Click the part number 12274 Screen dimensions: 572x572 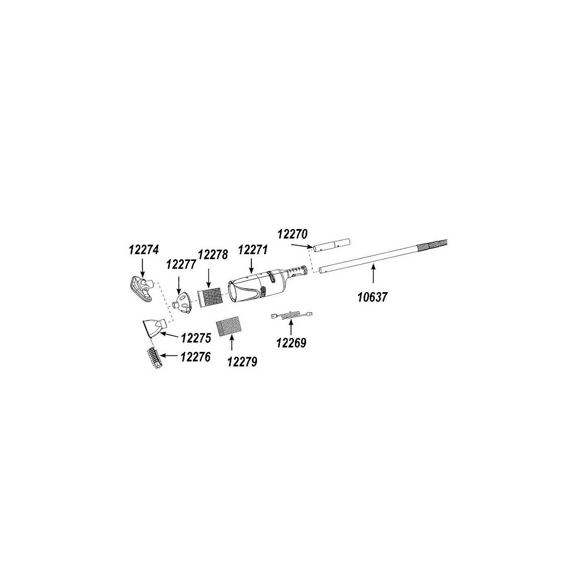pyautogui.click(x=144, y=250)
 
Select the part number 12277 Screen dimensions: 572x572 pyautogui.click(x=182, y=264)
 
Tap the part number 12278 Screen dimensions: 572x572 pyautogui.click(x=213, y=254)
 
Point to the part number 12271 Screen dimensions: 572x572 pyautogui.click(x=253, y=250)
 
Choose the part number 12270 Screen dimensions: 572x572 pyautogui.click(x=293, y=234)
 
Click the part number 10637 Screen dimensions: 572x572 pyautogui.click(x=373, y=297)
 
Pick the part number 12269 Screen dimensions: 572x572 pyautogui.click(x=291, y=343)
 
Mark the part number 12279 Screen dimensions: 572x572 pyautogui.click(x=242, y=362)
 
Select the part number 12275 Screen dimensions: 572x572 pyautogui.click(x=196, y=338)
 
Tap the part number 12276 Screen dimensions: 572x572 pyautogui.click(x=196, y=357)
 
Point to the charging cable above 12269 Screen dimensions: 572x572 pyautogui.click(x=292, y=315)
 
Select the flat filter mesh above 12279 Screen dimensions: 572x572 pyautogui.click(x=228, y=328)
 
